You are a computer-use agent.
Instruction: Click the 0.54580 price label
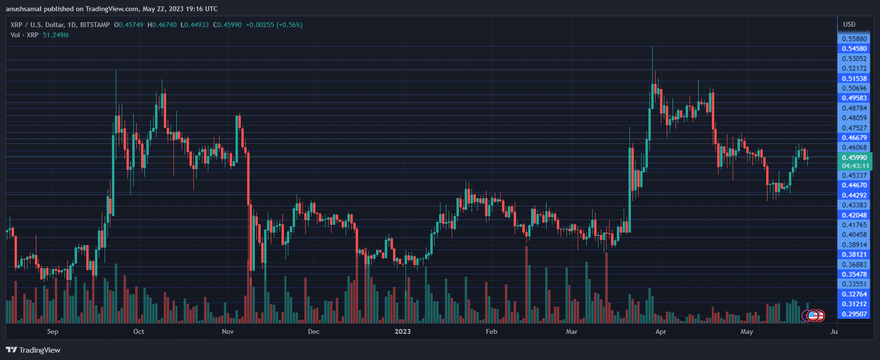854,48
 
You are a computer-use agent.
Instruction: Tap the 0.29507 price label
854,314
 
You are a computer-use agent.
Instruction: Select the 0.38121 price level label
854,254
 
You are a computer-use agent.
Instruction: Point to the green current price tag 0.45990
854,157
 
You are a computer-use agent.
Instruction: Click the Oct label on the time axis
139,331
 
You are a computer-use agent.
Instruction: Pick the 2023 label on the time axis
403,331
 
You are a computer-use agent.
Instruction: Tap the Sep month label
53,331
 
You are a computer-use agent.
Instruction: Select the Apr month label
660,331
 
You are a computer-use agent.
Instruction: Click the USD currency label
849,24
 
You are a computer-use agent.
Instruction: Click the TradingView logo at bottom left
33,350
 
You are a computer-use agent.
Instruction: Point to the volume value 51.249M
56,35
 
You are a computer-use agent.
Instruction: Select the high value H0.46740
162,25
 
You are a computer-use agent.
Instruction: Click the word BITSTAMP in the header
95,25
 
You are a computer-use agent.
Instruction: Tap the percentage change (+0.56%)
289,25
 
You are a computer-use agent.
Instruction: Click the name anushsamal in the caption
23,9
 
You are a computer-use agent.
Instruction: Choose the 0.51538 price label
854,78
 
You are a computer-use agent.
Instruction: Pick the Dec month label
314,331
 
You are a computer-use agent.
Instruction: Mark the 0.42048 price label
854,215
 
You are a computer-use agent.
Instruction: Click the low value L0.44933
195,25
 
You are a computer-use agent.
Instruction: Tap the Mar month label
572,331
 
